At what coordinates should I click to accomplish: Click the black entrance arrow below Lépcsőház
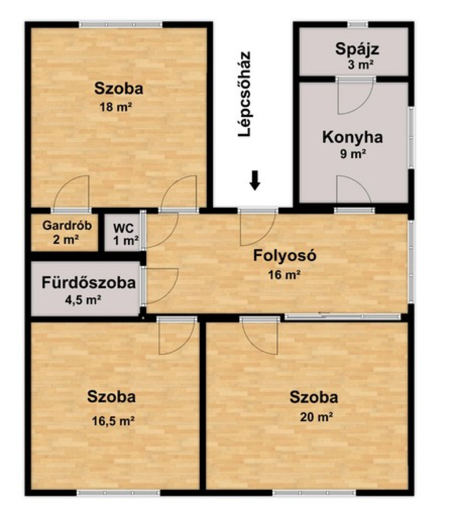pos(255,180)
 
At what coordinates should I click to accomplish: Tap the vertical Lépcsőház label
pos(244,94)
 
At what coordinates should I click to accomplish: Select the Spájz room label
pos(357,50)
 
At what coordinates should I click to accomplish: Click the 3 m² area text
pos(361,65)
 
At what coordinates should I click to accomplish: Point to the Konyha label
pos(352,137)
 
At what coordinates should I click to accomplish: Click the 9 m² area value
pos(353,153)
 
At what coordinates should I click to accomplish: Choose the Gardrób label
pos(67,225)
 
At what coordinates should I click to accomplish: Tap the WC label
pos(123,228)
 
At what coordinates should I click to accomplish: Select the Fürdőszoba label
pos(88,283)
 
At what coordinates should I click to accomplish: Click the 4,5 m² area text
pos(83,299)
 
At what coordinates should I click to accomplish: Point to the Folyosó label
pos(285,256)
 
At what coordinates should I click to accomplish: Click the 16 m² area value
pos(284,275)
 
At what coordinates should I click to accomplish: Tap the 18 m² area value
pos(116,107)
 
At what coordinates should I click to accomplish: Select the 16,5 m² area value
pos(113,421)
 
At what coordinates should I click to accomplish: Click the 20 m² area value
pos(317,416)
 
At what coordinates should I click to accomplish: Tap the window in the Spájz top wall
pos(357,24)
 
